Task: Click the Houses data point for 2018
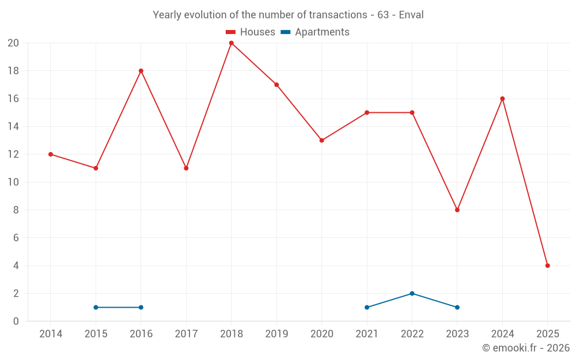[x=231, y=43]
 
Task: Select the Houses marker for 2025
[x=547, y=266]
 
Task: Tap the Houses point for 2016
[x=141, y=71]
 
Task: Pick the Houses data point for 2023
[x=457, y=210]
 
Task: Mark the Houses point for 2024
[x=502, y=98]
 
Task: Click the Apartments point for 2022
[x=412, y=293]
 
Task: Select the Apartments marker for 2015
[x=96, y=307]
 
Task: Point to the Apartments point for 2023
[x=457, y=307]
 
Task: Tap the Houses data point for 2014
[x=51, y=154]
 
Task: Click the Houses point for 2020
[x=321, y=140]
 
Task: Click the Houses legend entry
[x=250, y=32]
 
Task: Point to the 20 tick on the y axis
[x=13, y=43]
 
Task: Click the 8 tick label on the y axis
[x=16, y=210]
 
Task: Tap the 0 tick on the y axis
[x=16, y=321]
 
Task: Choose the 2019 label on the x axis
[x=276, y=334]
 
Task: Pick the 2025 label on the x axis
[x=547, y=334]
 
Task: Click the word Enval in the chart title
[x=411, y=15]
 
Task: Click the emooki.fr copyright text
[x=525, y=348]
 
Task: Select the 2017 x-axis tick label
[x=186, y=334]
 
